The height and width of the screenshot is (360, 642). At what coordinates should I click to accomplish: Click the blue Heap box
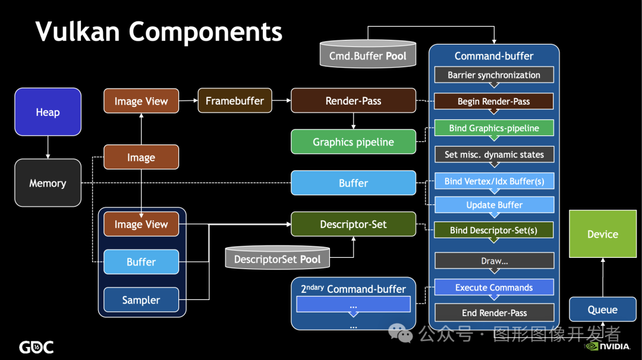(48, 112)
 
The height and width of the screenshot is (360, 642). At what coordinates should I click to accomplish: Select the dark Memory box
(48, 183)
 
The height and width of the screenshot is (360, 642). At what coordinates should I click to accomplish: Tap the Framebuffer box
(235, 100)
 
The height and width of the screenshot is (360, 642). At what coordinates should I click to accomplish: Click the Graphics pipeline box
(353, 142)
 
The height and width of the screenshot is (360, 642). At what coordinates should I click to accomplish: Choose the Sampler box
(141, 300)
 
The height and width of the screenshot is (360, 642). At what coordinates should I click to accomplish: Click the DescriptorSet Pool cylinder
(277, 258)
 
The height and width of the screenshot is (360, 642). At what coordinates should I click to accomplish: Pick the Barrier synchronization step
(494, 75)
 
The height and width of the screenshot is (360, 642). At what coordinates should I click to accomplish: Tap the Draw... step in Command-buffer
(494, 261)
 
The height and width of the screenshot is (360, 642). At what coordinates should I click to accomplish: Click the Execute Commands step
(494, 288)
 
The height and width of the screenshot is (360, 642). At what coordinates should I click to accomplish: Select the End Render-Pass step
(494, 313)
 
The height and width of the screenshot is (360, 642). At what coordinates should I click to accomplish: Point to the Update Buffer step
(494, 205)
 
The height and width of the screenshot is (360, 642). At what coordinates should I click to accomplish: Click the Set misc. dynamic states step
(494, 154)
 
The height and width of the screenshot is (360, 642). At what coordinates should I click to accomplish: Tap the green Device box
(603, 234)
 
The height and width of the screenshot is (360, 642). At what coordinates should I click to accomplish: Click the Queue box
(603, 310)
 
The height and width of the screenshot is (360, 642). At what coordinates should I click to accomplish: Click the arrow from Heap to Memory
(48, 147)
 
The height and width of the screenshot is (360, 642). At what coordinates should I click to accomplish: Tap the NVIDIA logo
(607, 346)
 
